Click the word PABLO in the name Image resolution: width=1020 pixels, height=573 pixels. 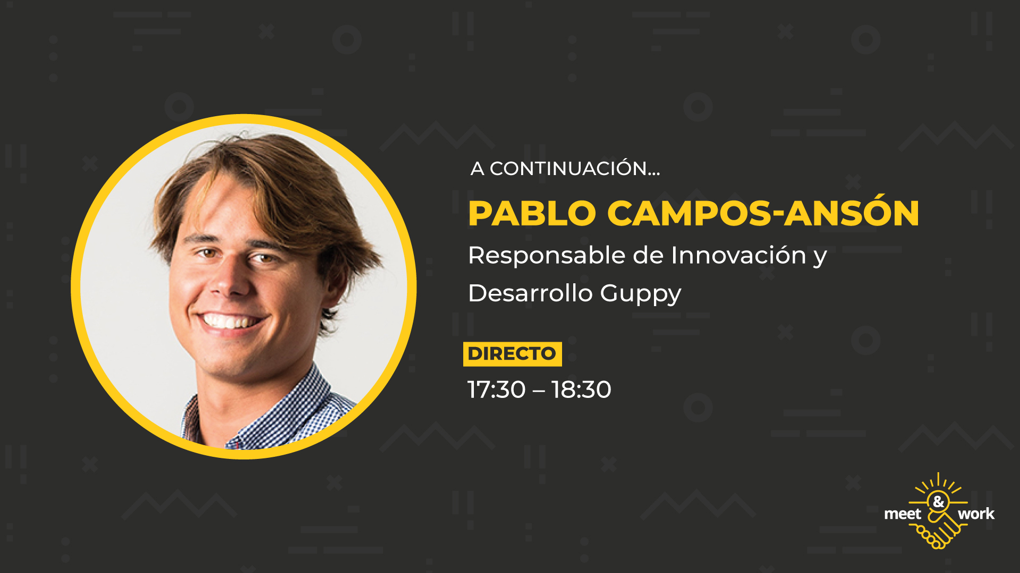532,214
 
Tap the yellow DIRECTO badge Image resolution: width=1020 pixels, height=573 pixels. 512,354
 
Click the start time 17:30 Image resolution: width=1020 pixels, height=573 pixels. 497,389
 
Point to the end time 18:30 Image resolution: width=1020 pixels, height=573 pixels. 582,389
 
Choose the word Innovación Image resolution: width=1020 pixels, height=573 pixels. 739,255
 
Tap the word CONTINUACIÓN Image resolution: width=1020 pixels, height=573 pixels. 568,169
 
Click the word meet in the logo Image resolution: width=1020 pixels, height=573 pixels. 903,514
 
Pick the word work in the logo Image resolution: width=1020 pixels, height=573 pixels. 976,514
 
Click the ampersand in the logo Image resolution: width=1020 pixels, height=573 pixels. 939,501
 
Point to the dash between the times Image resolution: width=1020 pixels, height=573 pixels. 539,391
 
